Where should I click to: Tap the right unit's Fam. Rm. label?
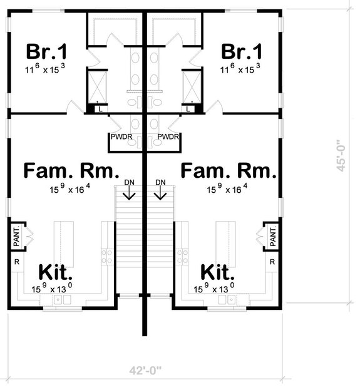tap(229, 171)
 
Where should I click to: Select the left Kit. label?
tap(56, 273)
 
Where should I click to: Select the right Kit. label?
tap(218, 273)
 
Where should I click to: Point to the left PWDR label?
tap(121, 136)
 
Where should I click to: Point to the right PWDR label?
tap(169, 136)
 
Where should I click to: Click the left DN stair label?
tap(130, 183)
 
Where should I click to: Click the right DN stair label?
tap(161, 183)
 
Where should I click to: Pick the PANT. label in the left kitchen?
tap(17, 237)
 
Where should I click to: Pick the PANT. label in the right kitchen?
tap(273, 237)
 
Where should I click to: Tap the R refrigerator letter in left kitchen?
tap(16, 262)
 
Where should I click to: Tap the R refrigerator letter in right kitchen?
tap(272, 262)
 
